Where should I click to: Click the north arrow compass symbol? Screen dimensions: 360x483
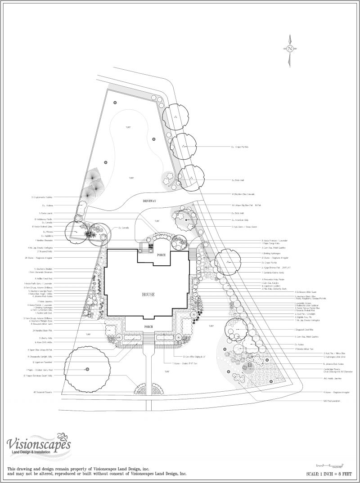pos(290,49)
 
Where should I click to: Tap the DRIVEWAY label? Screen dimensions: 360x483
pos(149,201)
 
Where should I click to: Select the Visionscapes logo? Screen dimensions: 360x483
pos(38,445)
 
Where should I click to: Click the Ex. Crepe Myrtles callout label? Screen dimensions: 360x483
pos(240,147)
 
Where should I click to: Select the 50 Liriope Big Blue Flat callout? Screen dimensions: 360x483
pos(245,205)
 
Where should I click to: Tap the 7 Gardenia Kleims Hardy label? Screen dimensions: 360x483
pos(275,273)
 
